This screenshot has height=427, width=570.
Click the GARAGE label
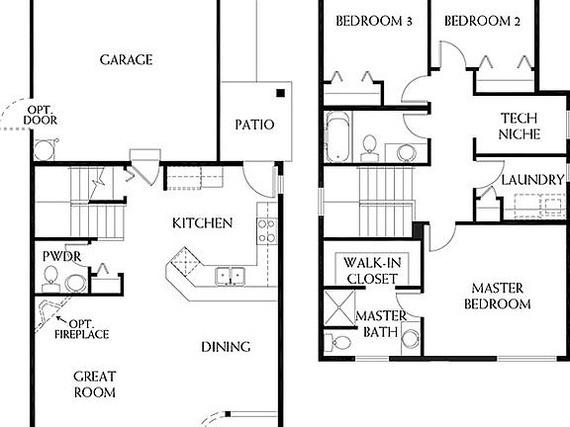(126, 60)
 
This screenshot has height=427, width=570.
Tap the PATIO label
(253, 126)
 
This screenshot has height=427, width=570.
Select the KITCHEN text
(202, 222)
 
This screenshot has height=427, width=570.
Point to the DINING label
(226, 347)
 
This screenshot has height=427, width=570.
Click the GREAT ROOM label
(94, 384)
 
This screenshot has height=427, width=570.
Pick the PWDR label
(60, 257)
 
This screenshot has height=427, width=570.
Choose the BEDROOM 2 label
(481, 22)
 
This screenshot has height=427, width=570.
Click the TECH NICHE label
(519, 126)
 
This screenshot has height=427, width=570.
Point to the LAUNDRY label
(532, 180)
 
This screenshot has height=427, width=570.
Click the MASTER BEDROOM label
(497, 296)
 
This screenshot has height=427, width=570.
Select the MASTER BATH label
(377, 324)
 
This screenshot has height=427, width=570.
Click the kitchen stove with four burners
(265, 230)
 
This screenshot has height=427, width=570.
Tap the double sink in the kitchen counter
(230, 276)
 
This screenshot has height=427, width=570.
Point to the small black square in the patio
(281, 94)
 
